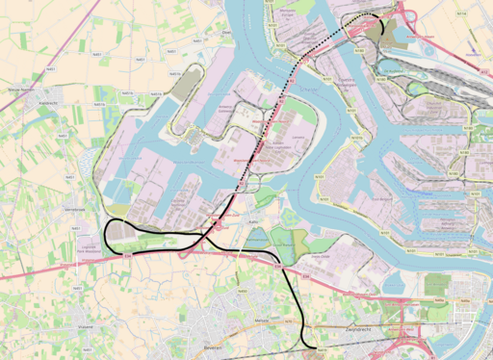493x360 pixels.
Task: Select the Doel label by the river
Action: point(227,32)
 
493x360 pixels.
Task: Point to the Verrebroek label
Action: point(74,209)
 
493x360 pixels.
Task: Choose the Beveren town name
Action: point(214,347)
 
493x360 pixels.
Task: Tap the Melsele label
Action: point(262,321)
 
